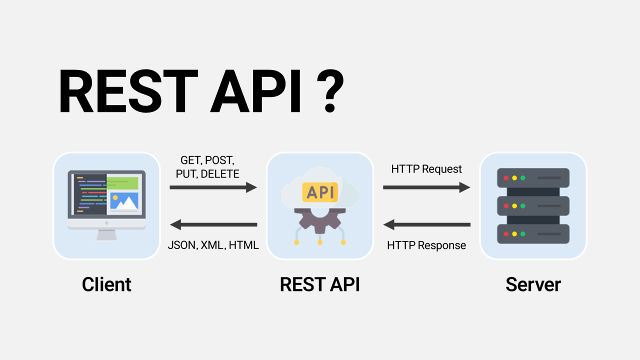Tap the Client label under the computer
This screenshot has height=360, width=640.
tap(106, 284)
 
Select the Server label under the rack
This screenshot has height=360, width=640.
tap(533, 284)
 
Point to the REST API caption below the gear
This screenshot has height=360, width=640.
tap(319, 284)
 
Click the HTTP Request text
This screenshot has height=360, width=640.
tap(426, 169)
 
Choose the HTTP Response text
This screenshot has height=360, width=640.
tap(426, 245)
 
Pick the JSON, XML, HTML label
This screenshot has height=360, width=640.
tap(213, 245)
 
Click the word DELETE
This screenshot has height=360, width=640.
tap(220, 174)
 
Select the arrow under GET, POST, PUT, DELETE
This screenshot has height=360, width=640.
tap(213, 187)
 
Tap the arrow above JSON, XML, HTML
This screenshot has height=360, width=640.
tap(213, 224)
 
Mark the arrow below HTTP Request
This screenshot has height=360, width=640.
tap(426, 187)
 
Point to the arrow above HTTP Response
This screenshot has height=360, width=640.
tap(426, 224)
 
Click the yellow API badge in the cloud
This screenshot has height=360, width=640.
tap(320, 191)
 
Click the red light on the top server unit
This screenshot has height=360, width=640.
tap(506, 178)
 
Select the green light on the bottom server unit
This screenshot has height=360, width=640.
tap(523, 234)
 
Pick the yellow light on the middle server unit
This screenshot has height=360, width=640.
tap(514, 206)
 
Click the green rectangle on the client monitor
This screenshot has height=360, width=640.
tap(122, 182)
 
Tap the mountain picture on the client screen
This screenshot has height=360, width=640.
tap(123, 201)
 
